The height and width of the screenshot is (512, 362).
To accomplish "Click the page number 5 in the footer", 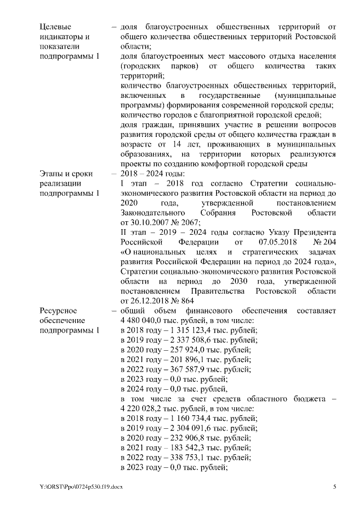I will tap(335, 487).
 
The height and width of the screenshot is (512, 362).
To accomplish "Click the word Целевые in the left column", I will tap(55, 27).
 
